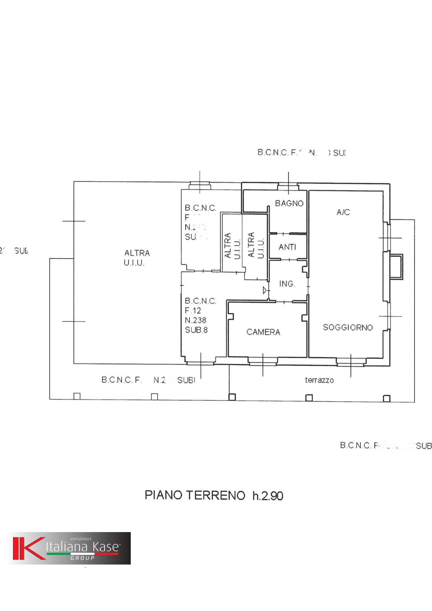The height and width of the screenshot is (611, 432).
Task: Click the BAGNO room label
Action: tap(289, 203)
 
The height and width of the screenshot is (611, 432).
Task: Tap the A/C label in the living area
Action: tap(343, 212)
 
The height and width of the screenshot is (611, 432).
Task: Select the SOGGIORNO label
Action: tap(347, 327)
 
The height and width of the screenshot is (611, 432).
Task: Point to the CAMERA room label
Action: tap(263, 332)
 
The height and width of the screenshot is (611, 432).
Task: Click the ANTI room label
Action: tap(287, 247)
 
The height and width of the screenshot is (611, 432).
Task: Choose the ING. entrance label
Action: tap(287, 284)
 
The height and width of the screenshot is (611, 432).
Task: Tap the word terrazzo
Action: tap(319, 380)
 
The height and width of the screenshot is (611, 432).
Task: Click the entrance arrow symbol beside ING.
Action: tap(265, 290)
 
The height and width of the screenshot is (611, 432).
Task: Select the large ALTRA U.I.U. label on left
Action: tap(136, 258)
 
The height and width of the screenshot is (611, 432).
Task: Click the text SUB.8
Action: tap(196, 330)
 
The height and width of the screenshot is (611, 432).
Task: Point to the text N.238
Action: tap(195, 320)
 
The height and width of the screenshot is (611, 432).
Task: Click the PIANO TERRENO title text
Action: tap(195, 495)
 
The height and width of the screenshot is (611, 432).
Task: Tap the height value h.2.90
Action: tap(268, 496)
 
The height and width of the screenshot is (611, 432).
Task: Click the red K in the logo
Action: tap(28, 548)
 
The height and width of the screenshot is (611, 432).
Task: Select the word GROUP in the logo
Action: tap(82, 558)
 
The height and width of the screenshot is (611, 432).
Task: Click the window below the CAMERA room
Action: tap(263, 360)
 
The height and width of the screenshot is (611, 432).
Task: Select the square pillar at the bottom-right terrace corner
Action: tap(387, 398)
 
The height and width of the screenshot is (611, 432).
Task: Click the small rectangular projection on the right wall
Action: tap(397, 267)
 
